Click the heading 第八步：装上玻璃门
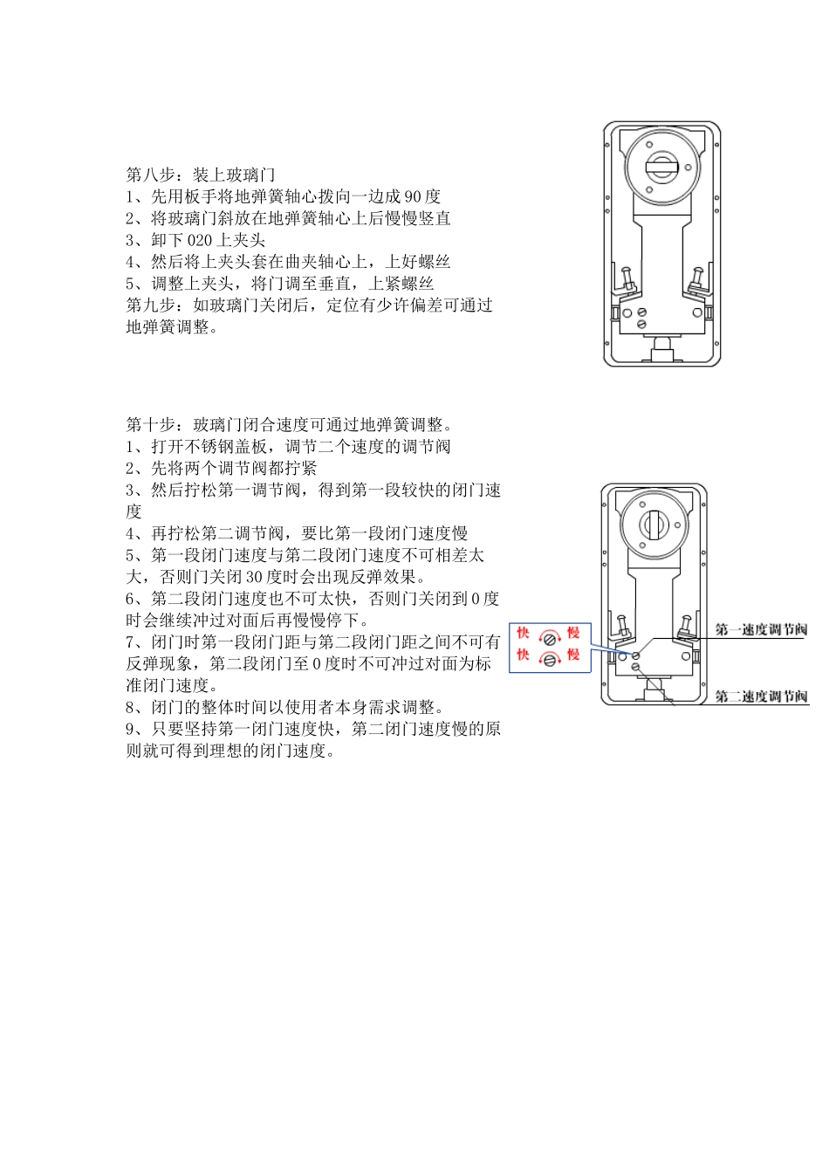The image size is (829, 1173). tap(201, 175)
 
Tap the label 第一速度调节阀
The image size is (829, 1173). tap(761, 629)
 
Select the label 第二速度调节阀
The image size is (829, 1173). tap(761, 696)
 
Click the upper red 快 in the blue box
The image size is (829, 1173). tap(524, 633)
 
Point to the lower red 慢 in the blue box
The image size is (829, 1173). tap(573, 655)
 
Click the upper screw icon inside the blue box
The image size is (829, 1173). tap(549, 638)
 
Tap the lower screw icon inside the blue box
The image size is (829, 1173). tap(549, 660)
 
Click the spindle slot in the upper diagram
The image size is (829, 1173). tap(661, 167)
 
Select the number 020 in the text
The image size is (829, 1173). tap(200, 240)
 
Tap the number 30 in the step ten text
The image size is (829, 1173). tap(254, 577)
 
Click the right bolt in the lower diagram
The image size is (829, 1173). tap(686, 626)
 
